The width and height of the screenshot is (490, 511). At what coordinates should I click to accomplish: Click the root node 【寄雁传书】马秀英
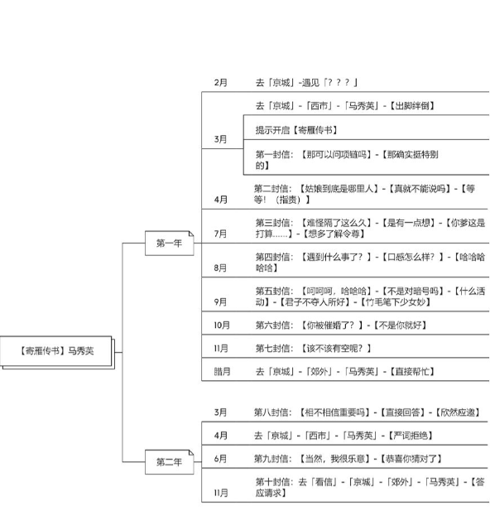coord(57,352)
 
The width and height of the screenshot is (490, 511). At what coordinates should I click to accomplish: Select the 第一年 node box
coord(169,243)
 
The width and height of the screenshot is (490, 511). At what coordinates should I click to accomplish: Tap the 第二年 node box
coord(169,462)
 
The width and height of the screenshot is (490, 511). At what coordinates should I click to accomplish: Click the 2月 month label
coord(220,83)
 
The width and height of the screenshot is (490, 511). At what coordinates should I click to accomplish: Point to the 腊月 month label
coord(222,372)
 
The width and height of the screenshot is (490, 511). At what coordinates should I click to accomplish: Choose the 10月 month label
coord(222,325)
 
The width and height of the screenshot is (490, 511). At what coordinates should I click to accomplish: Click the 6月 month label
coord(220,459)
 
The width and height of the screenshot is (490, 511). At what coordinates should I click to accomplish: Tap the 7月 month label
coord(220,234)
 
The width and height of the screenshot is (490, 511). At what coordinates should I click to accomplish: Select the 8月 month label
coord(220,268)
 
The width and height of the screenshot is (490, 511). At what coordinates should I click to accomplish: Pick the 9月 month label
coord(220,301)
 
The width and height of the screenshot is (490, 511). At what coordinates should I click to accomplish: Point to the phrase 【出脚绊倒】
coord(412,105)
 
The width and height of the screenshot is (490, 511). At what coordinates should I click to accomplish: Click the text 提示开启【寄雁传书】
coord(296,130)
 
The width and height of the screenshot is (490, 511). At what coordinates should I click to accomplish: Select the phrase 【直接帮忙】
coord(412,372)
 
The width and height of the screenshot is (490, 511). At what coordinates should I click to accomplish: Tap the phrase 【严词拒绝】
coord(411,436)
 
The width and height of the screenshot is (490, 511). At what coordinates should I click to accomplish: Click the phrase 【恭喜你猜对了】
coord(411,459)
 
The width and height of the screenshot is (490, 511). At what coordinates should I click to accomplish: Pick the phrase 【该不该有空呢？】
coord(335,349)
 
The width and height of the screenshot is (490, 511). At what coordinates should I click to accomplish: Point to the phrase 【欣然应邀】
coord(458,412)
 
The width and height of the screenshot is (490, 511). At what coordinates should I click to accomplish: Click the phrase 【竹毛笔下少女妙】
coord(395,302)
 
